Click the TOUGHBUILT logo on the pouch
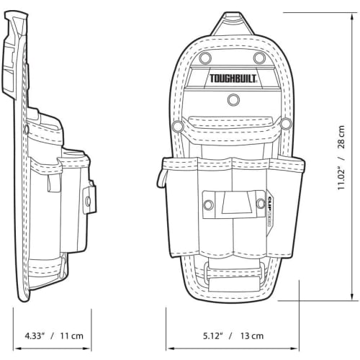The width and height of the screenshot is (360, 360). [x=230, y=78]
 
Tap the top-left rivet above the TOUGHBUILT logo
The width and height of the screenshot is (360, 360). [x=204, y=57]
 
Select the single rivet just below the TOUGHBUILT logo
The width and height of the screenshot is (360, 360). [x=233, y=99]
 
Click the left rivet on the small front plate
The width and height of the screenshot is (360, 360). [x=208, y=205]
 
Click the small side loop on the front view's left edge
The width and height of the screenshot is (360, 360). [x=162, y=175]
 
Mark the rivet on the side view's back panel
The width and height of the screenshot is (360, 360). [x=27, y=130]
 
